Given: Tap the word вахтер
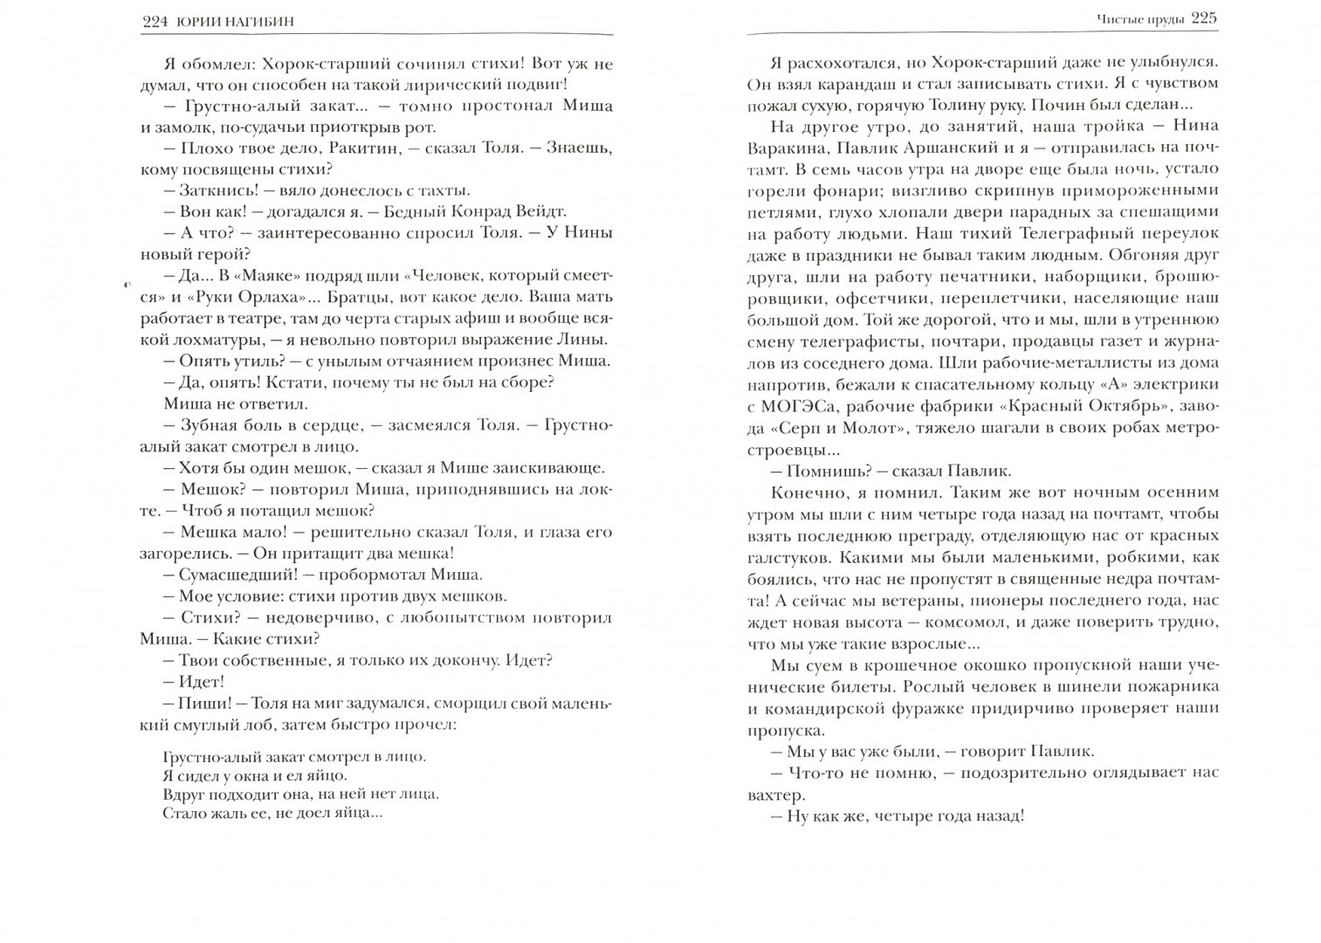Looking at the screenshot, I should click(773, 795).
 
